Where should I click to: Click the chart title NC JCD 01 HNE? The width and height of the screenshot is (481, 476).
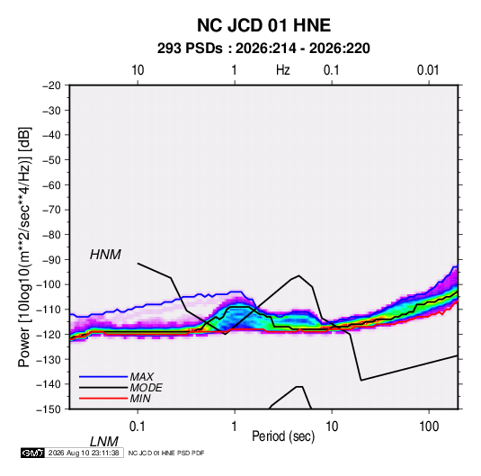point(263,25)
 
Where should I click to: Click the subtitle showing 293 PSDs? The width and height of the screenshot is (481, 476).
point(263,49)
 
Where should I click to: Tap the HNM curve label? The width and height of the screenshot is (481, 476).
point(105,255)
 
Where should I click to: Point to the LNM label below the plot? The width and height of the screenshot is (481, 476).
point(104,442)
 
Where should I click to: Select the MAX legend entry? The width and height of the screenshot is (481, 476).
point(142,376)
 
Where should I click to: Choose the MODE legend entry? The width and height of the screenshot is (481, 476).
point(146,388)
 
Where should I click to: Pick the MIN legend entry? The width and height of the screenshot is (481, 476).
point(140,399)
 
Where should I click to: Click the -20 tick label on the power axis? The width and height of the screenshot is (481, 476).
point(51,85)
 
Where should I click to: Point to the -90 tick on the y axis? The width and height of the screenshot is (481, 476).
point(51,260)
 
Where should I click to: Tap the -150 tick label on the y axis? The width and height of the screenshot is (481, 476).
point(49,409)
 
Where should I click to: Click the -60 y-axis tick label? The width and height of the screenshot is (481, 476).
point(51,185)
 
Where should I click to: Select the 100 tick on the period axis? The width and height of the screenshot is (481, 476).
point(429,427)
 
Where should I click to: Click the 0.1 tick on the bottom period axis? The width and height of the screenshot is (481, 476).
point(138,427)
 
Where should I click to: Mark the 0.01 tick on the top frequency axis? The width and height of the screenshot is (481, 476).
point(428,70)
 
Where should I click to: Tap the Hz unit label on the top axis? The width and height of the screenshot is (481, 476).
point(283,70)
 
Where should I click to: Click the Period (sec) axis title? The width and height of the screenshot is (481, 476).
point(283,436)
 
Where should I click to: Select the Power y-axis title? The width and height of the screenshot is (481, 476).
point(24,247)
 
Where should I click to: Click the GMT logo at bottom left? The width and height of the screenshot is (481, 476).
point(33,453)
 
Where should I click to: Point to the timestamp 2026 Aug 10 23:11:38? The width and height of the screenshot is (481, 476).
point(84,453)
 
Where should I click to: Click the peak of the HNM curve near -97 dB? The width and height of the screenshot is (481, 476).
point(298,275)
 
